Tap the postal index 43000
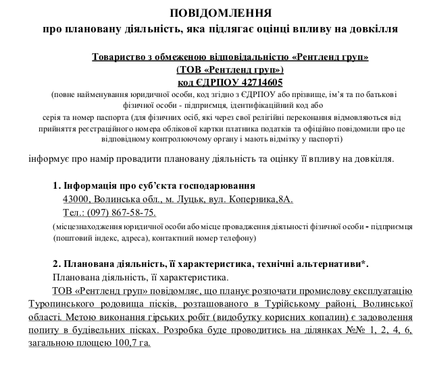[x=76, y=200]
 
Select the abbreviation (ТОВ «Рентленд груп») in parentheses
[x=230, y=69]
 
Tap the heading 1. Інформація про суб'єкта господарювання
[x=153, y=185]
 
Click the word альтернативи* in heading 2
[x=337, y=264]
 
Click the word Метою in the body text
[x=81, y=316]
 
